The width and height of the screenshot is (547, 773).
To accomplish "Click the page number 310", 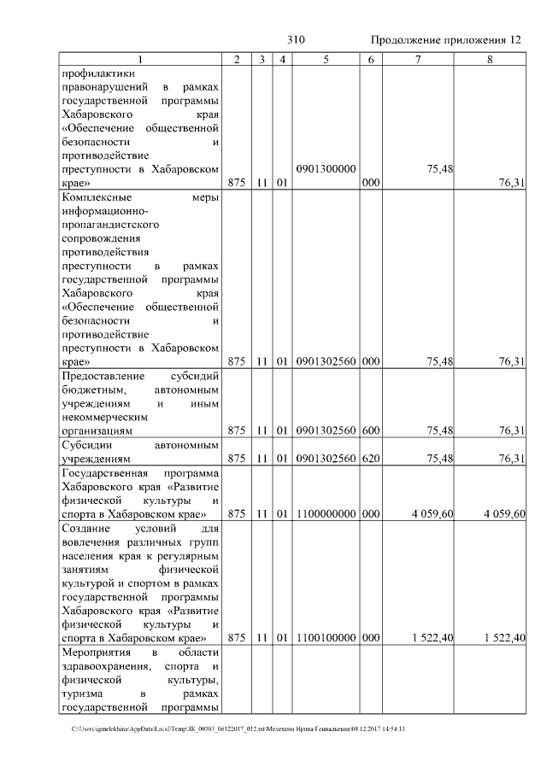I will coord(296,40).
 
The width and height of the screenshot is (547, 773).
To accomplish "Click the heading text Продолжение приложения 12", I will coord(446,40).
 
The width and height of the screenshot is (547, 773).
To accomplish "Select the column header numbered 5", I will coord(326,59).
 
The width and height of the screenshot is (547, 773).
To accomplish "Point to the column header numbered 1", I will coord(142,59).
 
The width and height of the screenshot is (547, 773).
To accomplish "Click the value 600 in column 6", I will coord(370,431).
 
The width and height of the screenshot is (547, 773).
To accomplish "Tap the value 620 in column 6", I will coord(370,459).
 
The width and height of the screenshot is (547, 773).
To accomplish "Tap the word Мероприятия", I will coord(97,653).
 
